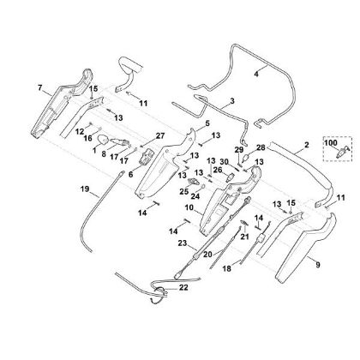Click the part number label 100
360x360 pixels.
331,142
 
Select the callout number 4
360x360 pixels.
256,74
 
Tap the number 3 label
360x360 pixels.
232,100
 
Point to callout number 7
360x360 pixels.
40,87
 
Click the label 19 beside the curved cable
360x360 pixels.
85,189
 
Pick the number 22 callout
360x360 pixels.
183,287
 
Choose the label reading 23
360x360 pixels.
182,243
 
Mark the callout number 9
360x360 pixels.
317,265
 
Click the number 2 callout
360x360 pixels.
307,145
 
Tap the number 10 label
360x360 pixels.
189,207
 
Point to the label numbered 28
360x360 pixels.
261,147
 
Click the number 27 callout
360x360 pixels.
160,135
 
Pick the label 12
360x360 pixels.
80,131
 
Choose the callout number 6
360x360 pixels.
130,174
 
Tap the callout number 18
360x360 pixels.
227,269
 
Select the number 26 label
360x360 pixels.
218,170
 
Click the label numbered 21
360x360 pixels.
245,237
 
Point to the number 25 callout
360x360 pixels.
184,191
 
